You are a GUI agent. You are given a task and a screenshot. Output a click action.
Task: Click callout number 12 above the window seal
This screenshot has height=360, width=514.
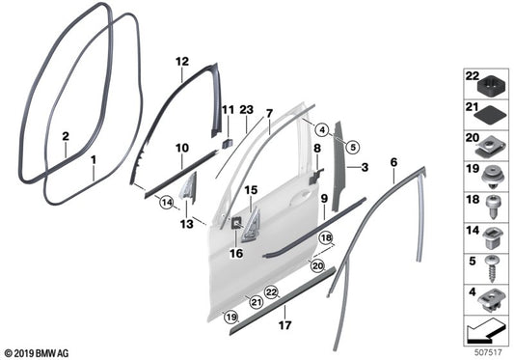pyautogui.click(x=181, y=61)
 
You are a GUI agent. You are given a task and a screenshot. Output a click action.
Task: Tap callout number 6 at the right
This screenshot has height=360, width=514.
pyautogui.click(x=393, y=163)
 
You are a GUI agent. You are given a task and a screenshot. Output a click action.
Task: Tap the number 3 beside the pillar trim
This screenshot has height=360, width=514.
pyautogui.click(x=365, y=167)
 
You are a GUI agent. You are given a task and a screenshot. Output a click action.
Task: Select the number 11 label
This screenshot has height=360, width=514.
pyautogui.click(x=228, y=112)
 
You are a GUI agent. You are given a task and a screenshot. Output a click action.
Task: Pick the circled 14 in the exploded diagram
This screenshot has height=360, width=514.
pyautogui.click(x=166, y=203)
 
